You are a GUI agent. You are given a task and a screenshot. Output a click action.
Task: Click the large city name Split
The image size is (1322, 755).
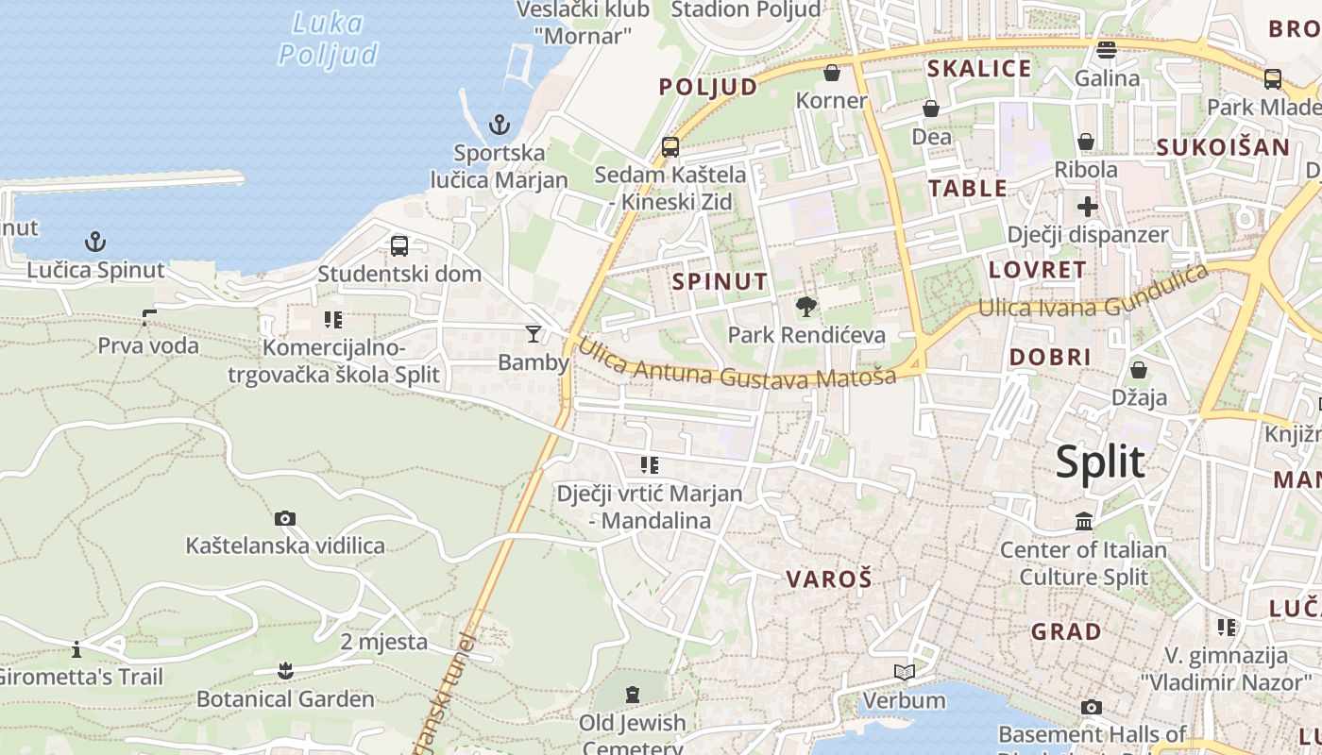[x=1100, y=461]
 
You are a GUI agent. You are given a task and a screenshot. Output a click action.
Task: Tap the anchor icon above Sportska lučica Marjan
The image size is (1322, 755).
[x=499, y=125]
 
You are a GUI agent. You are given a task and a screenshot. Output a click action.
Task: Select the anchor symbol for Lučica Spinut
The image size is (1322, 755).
[x=94, y=242]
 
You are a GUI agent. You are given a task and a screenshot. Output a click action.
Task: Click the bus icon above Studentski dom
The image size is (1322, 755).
[x=399, y=246]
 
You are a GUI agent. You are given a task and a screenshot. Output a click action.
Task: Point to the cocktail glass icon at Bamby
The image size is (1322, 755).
[x=534, y=334]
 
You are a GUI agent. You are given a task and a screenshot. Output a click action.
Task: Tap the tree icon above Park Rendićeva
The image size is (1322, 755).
[x=806, y=306]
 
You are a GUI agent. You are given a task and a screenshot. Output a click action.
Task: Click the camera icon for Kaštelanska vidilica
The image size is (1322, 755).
[x=284, y=518]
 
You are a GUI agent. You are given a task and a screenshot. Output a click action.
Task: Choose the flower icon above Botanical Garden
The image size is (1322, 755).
[x=285, y=671]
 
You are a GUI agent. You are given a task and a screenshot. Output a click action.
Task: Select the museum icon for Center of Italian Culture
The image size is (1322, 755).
[x=1084, y=521]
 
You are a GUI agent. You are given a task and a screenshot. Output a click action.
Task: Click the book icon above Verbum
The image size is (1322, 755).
[x=904, y=672]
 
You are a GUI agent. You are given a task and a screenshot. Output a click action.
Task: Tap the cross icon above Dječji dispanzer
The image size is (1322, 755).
[x=1088, y=206]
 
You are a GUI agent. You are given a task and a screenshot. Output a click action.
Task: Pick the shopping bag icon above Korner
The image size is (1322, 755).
[x=832, y=73]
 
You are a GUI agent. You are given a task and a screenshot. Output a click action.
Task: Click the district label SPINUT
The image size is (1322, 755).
[x=720, y=281]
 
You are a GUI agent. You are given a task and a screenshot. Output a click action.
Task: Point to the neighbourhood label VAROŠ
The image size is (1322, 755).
[x=829, y=579]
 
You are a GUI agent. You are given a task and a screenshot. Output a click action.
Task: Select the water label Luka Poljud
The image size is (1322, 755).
[x=328, y=39]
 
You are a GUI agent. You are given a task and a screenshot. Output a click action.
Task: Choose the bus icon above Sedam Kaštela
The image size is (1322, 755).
[x=670, y=146]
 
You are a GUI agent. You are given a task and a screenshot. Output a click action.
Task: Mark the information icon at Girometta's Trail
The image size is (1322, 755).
[x=76, y=649]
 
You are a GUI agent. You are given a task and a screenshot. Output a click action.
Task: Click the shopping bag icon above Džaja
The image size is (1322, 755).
[x=1139, y=369]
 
